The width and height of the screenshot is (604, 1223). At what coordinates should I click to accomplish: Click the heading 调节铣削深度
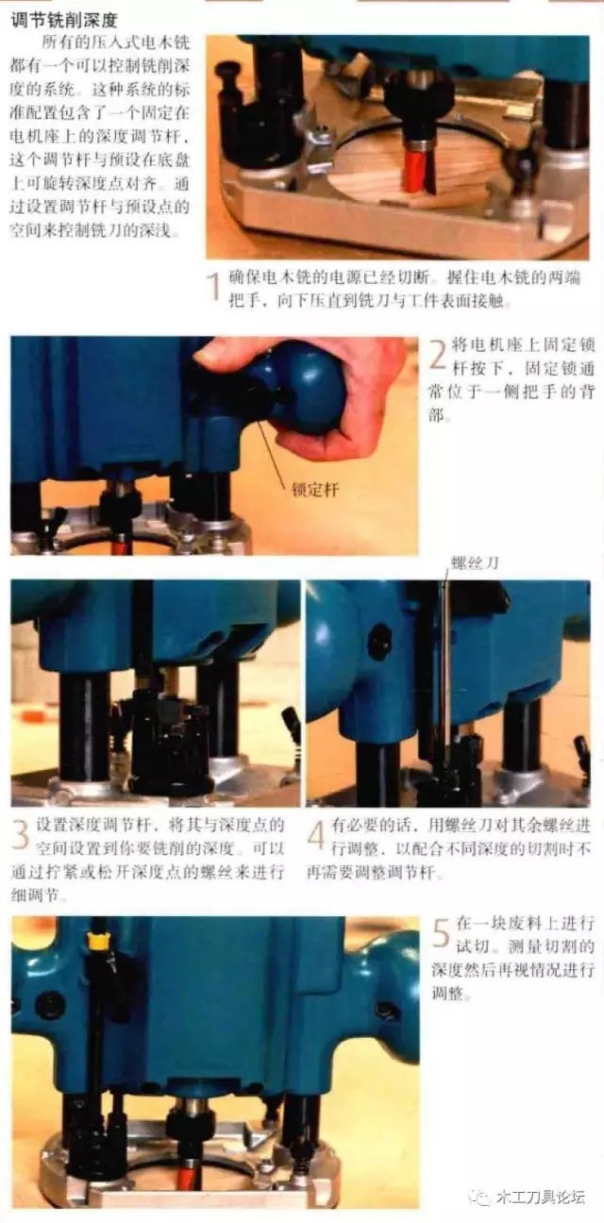coord(64,21)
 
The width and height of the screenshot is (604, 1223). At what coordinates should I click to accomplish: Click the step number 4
coord(316,836)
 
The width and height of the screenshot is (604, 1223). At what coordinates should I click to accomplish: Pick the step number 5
coord(442,933)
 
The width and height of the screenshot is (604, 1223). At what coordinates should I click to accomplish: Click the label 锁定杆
coord(314,490)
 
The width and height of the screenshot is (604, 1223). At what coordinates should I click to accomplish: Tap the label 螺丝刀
coord(474,563)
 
